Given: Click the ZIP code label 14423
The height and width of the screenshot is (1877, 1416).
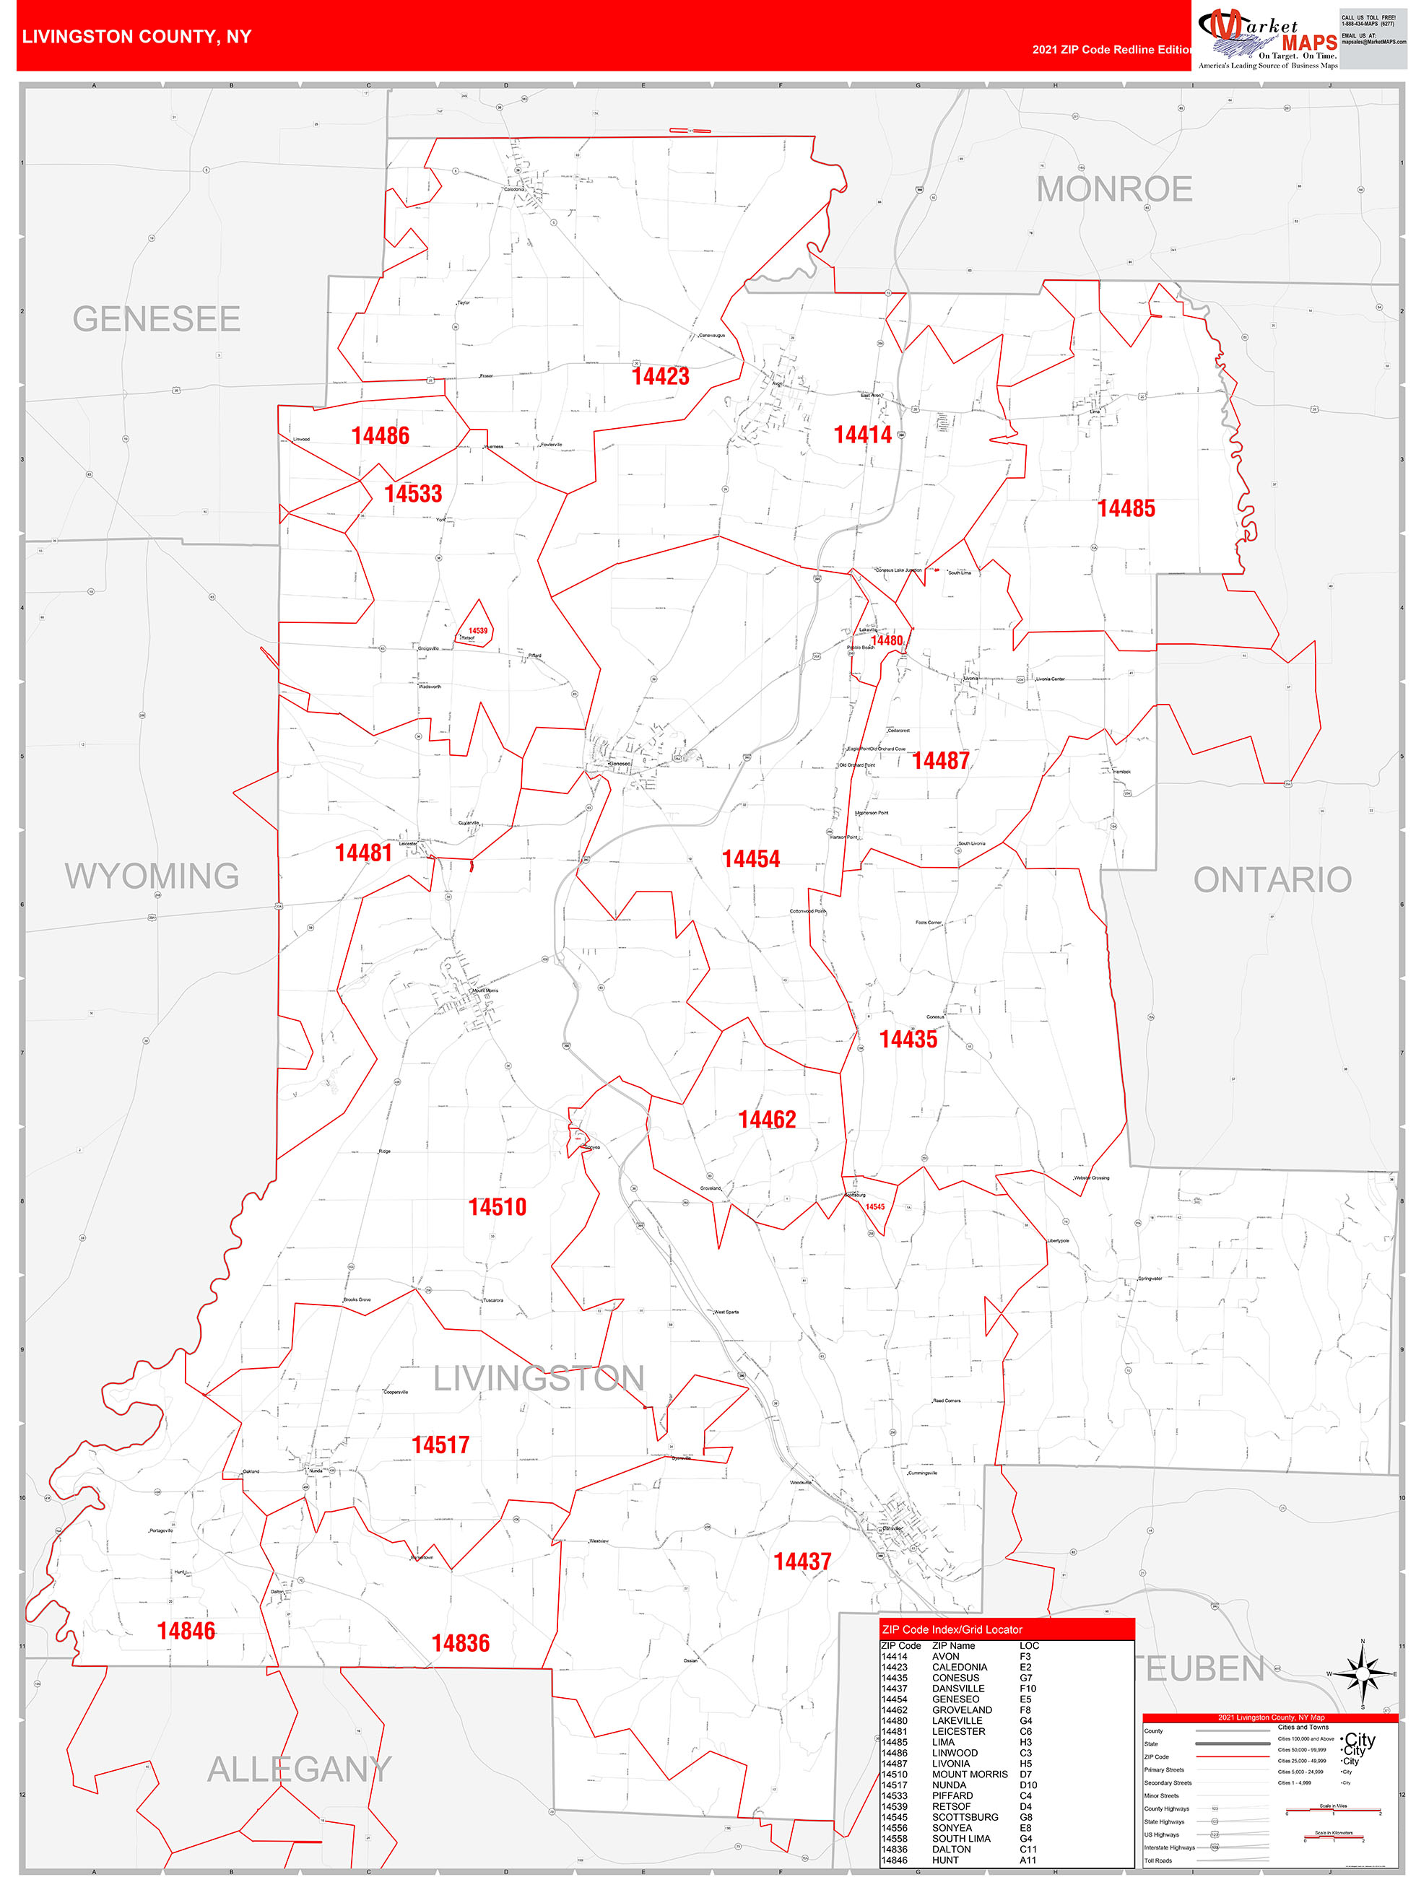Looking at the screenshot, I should point(661,377).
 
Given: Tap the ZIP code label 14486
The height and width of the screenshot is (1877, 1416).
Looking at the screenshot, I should point(381,436).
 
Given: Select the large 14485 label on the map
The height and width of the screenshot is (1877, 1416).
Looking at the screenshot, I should point(1126,508).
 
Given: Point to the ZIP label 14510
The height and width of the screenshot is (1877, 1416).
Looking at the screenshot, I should point(498,1206).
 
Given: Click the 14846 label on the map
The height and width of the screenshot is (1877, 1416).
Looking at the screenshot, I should point(186,1630).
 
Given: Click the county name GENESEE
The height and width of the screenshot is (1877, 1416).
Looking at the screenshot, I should point(156,319).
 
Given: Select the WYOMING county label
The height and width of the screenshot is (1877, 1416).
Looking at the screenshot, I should point(152,876).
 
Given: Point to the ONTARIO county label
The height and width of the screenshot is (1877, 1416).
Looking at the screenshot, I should point(1272,880).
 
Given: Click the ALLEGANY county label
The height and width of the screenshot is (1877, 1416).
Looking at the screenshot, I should point(299,1769).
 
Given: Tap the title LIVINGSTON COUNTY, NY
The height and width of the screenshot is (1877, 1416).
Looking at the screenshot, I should point(136,37).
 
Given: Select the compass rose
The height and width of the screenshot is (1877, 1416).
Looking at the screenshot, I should point(1362,1674).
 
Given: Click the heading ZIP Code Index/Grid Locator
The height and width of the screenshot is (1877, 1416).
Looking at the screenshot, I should point(952,1629).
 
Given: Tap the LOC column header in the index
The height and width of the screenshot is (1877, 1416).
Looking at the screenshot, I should point(1029,1645).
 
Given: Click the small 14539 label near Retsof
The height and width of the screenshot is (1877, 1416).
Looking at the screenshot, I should point(478,630).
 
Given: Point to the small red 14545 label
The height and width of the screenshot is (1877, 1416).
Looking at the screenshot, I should point(874,1206).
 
